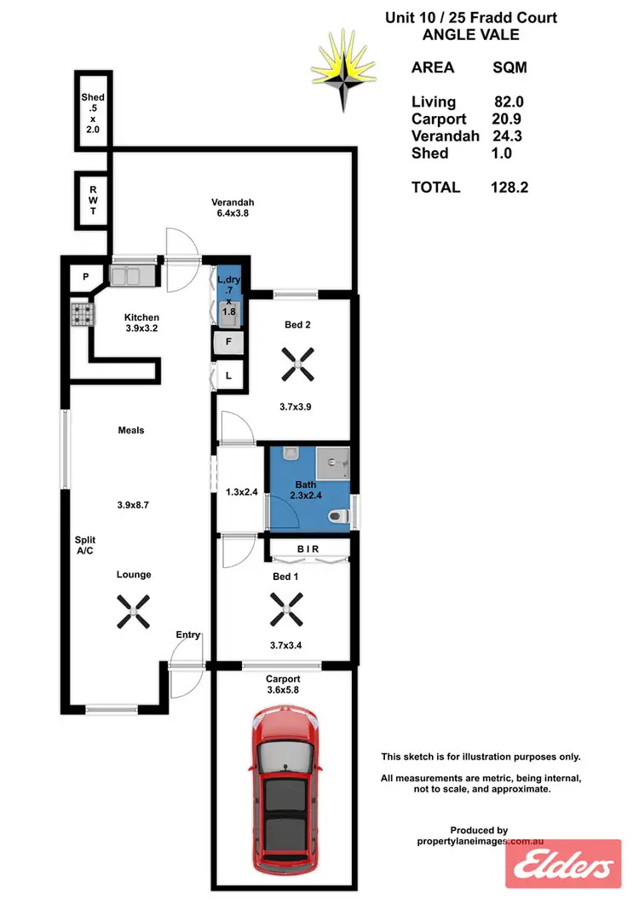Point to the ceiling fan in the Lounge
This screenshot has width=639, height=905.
tap(134, 608)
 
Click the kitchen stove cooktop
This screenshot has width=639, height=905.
tap(81, 315)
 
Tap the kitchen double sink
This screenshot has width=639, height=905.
tap(132, 276)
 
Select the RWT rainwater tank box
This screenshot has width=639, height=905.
tap(90, 200)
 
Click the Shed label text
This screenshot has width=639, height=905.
tap(92, 97)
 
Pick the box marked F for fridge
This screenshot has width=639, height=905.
tap(228, 344)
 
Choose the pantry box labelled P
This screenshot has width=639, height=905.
tap(86, 276)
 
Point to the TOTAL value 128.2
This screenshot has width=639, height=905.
tap(509, 188)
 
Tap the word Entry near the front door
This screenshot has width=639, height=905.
tap(188, 635)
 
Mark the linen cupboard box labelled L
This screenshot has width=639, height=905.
tap(228, 375)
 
